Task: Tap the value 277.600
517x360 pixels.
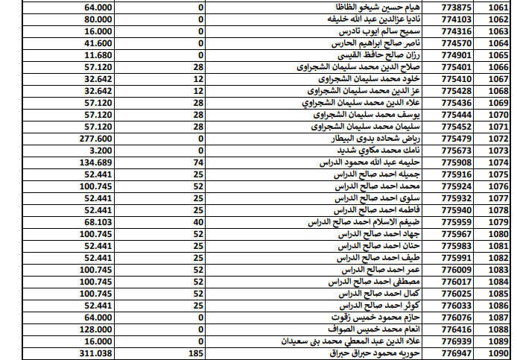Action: [94, 139]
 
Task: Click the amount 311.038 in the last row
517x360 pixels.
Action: [94, 353]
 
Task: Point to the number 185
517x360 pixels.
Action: [196, 353]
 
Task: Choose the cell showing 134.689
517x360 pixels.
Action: [94, 162]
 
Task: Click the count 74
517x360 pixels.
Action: [198, 162]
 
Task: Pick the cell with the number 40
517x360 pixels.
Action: [198, 222]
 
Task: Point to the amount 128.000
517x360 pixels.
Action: [94, 329]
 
